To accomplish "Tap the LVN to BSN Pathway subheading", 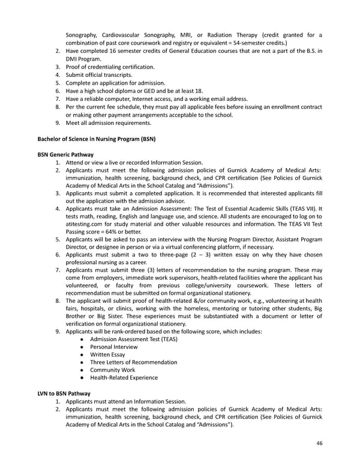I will (64, 393).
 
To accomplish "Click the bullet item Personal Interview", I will (113, 346).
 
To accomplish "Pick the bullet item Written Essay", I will (107, 354).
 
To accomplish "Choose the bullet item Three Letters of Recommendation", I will (133, 362).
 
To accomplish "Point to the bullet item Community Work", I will (112, 370).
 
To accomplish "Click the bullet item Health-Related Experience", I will (124, 378).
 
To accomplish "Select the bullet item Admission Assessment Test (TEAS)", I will (133, 339).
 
